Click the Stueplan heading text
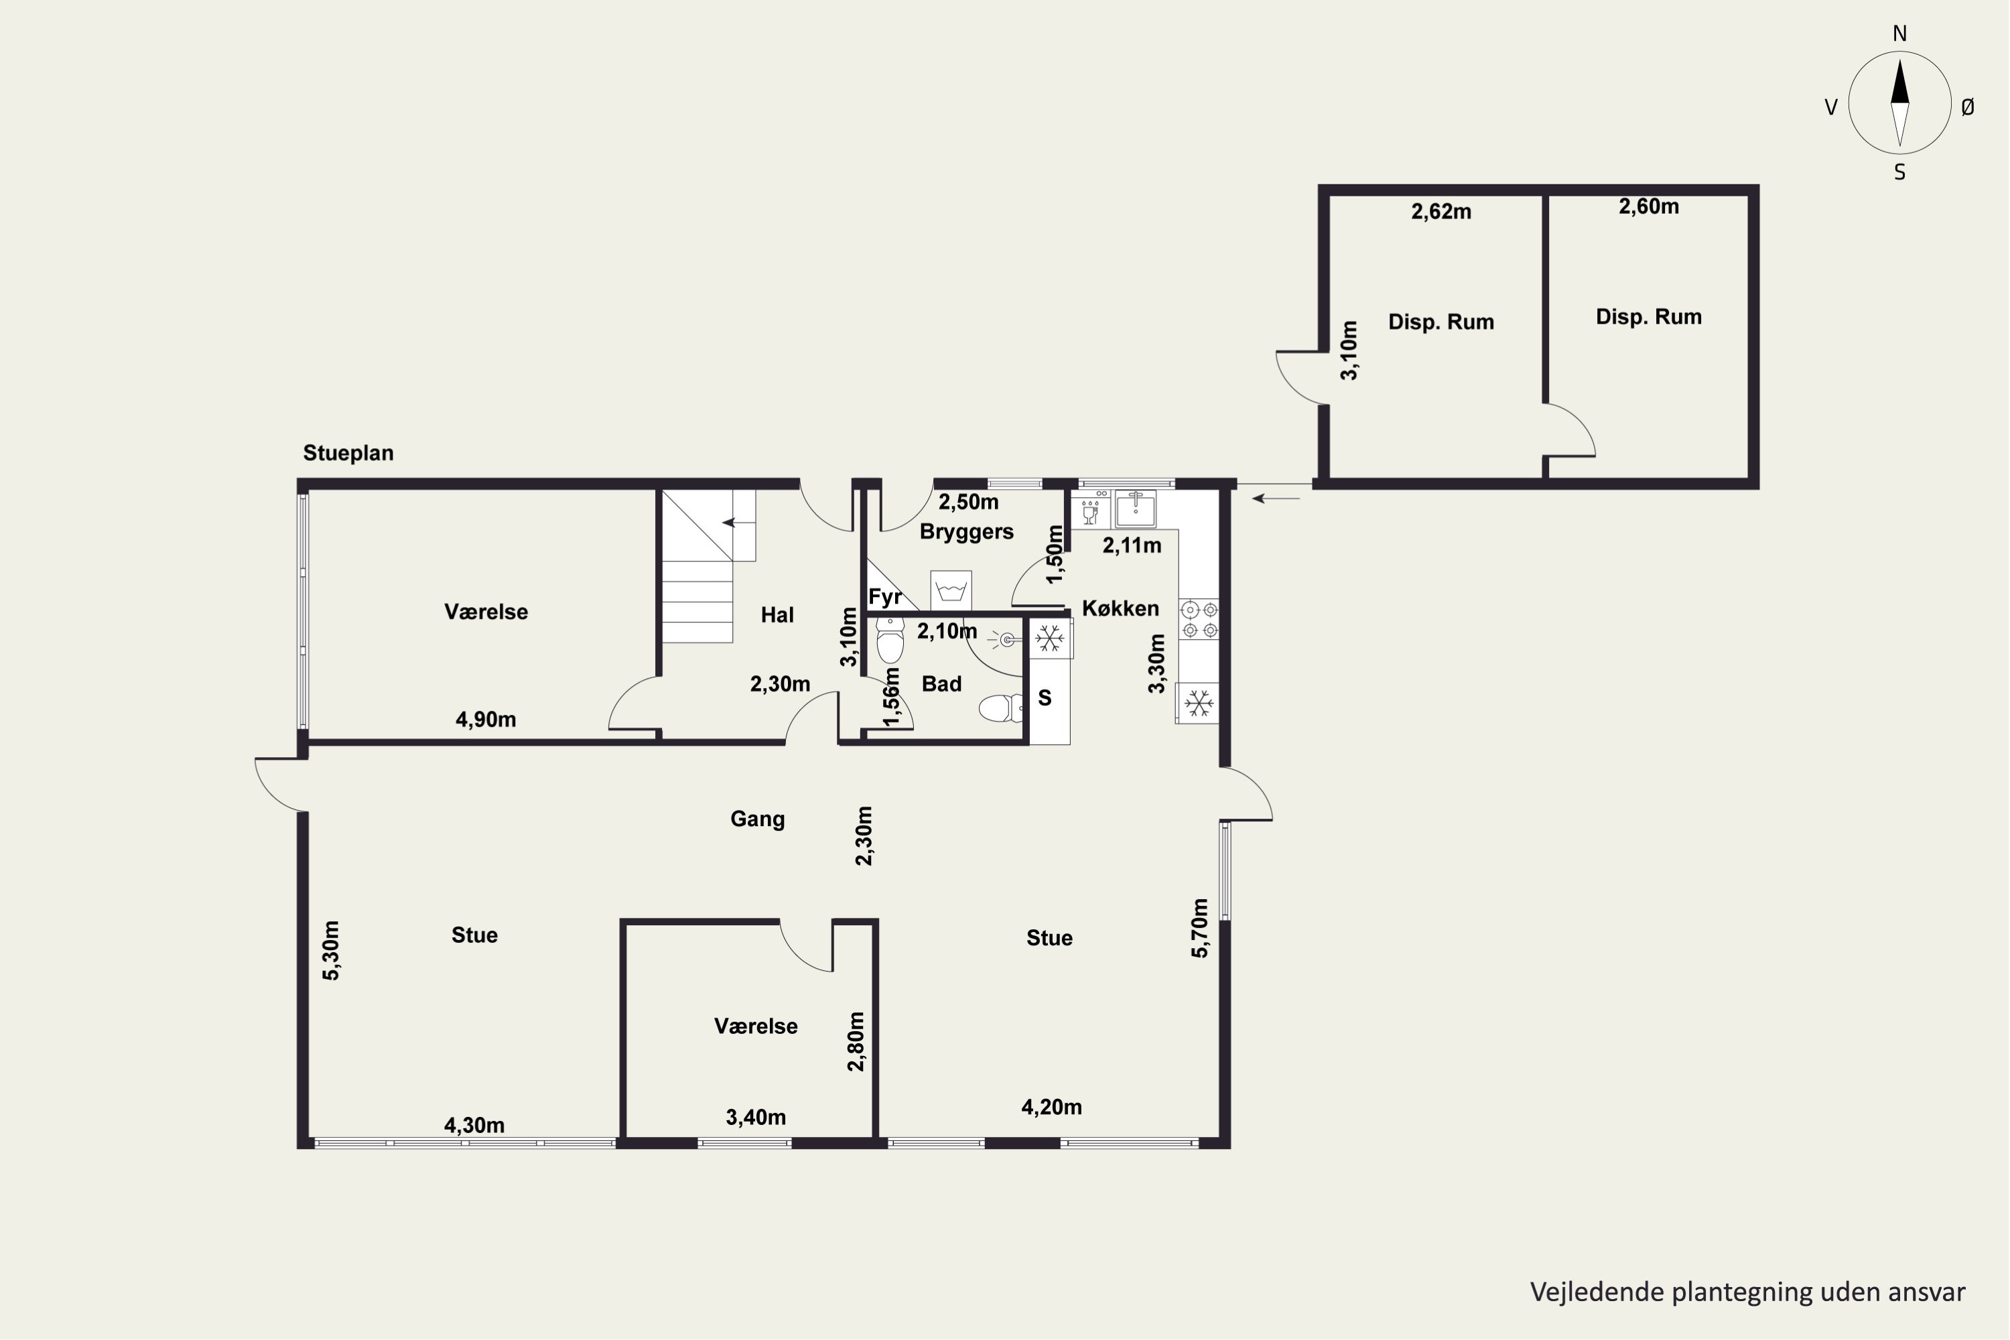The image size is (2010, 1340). pyautogui.click(x=348, y=453)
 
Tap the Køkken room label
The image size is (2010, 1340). pyautogui.click(x=1120, y=608)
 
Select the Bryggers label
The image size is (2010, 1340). pyautogui.click(x=967, y=531)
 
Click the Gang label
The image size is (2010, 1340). pyautogui.click(x=757, y=819)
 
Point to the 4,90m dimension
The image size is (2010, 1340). pyautogui.click(x=485, y=720)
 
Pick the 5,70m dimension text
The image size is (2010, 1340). pyautogui.click(x=1200, y=927)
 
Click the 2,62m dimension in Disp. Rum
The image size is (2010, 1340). pyautogui.click(x=1441, y=212)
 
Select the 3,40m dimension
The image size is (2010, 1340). pyautogui.click(x=756, y=1117)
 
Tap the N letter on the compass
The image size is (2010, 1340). pyautogui.click(x=1899, y=33)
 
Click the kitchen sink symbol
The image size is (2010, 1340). pyautogui.click(x=1135, y=509)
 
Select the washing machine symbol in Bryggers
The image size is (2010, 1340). pyautogui.click(x=951, y=590)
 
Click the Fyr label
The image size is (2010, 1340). pyautogui.click(x=885, y=596)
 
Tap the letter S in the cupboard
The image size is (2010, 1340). pyautogui.click(x=1045, y=698)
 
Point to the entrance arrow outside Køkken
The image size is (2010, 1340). pyautogui.click(x=1276, y=498)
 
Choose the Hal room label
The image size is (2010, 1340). pyautogui.click(x=777, y=614)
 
